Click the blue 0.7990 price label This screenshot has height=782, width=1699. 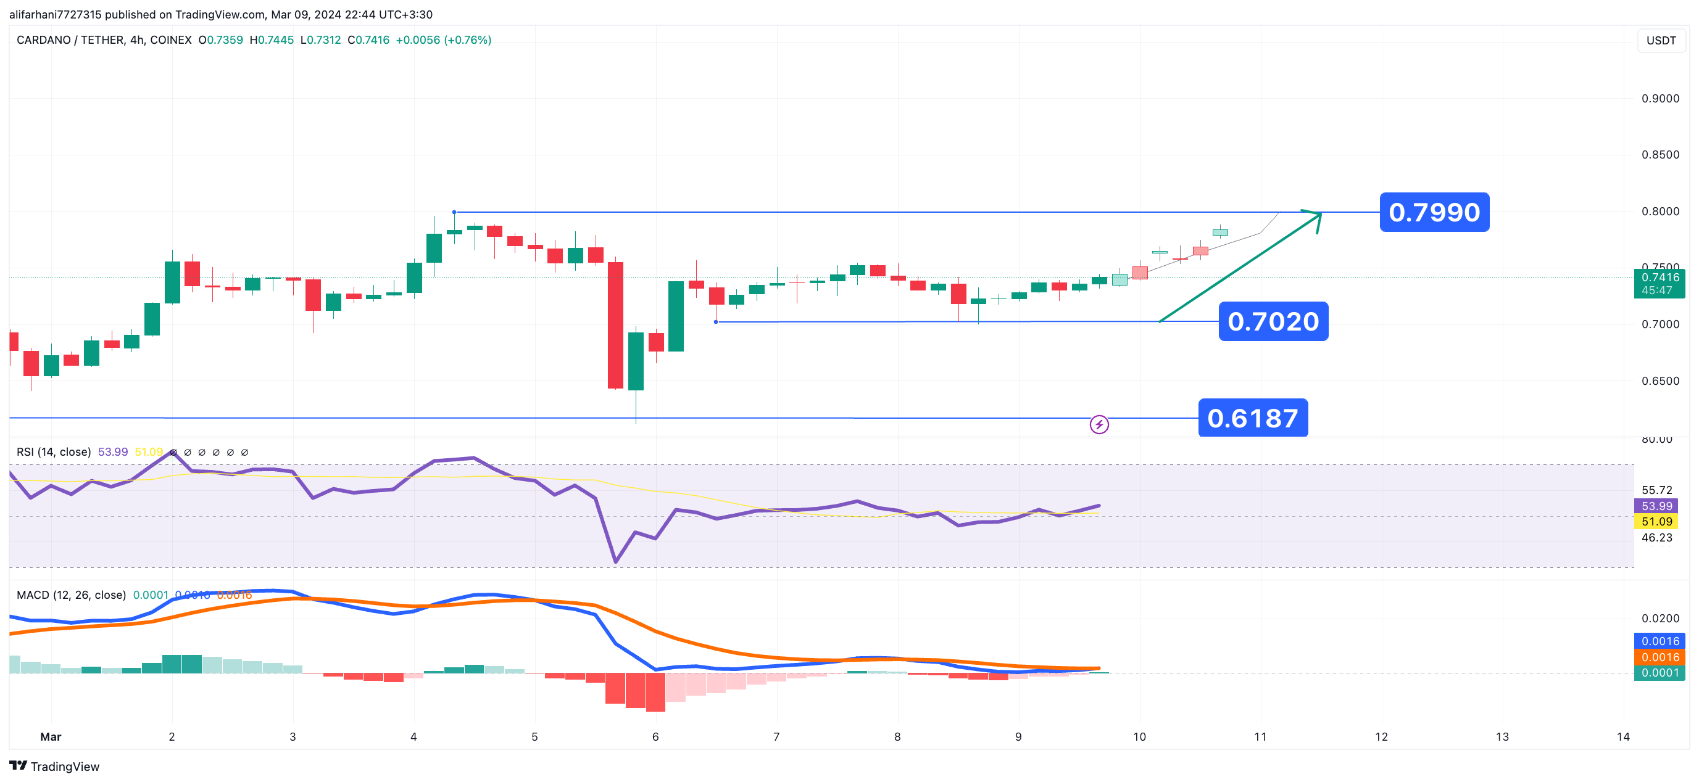(x=1434, y=212)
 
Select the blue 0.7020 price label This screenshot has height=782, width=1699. (x=1273, y=322)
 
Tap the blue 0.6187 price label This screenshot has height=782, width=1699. (x=1252, y=418)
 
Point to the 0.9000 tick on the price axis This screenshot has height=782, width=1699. (x=1660, y=99)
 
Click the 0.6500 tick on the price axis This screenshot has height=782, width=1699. (x=1660, y=381)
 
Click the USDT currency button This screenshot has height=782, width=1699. (x=1661, y=41)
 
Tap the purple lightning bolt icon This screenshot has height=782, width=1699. (x=1099, y=425)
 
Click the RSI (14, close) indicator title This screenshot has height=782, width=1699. (x=54, y=452)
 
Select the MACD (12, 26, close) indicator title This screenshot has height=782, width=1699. (x=71, y=595)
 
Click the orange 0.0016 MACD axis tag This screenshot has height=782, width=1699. (x=1660, y=657)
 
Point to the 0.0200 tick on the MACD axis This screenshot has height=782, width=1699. (x=1660, y=619)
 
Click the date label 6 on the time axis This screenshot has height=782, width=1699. (x=655, y=737)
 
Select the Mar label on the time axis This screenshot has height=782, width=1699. (x=51, y=737)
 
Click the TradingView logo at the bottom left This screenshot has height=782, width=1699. (x=54, y=766)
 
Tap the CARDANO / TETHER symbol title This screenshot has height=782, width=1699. (x=104, y=40)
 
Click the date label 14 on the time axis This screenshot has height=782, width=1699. (x=1622, y=737)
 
